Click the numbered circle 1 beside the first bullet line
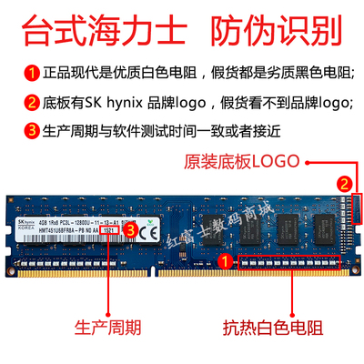[x=17, y=70]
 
